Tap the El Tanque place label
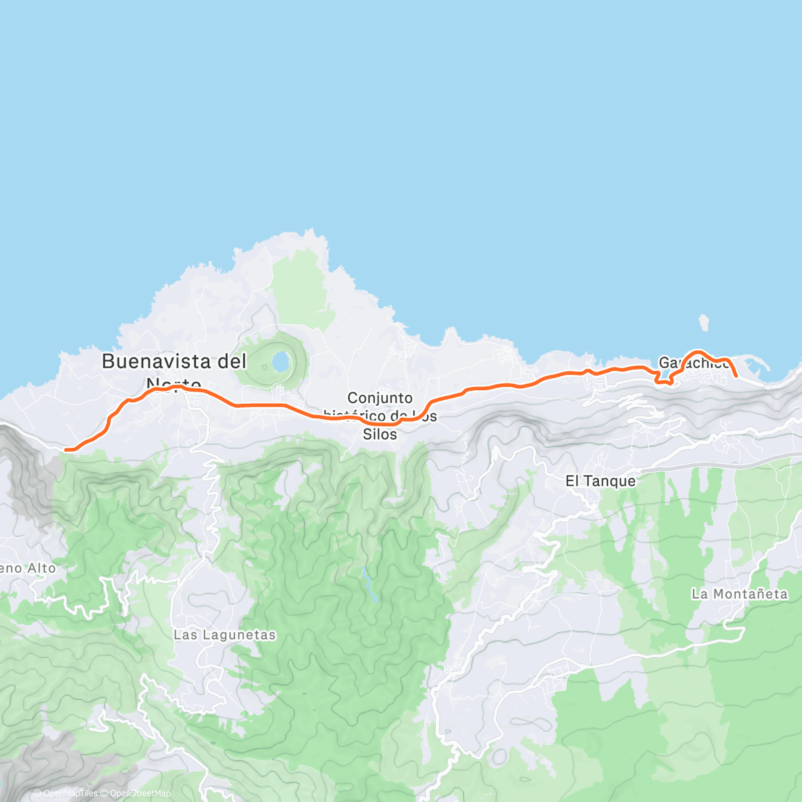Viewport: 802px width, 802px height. (600, 481)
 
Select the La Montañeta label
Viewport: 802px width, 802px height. (739, 594)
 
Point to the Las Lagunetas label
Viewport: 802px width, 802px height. (225, 635)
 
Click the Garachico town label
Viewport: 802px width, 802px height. (693, 363)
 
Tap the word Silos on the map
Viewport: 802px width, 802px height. (380, 434)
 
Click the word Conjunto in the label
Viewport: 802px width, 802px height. (380, 398)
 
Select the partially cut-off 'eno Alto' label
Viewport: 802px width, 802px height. (28, 569)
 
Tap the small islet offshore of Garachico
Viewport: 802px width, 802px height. (704, 324)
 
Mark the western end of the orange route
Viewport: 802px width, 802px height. (66, 450)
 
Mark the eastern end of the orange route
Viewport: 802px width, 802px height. (736, 376)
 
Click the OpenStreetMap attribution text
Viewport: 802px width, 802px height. (140, 793)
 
